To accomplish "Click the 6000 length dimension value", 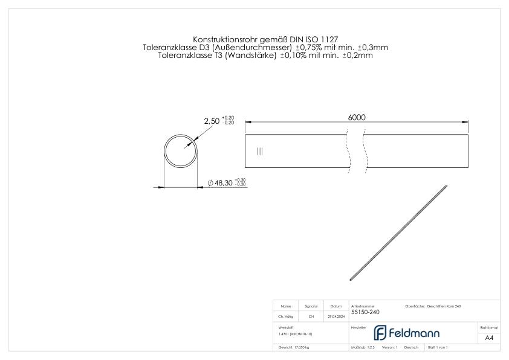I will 357,117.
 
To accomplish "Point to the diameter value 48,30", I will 224,183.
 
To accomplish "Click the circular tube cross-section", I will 181,150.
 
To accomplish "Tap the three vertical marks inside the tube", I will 260,151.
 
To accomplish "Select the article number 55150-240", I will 365,312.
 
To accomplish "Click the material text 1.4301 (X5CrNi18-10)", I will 295,333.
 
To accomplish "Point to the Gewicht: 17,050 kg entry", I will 294,348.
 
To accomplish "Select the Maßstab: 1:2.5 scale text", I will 363,348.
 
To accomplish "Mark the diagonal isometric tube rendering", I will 399,233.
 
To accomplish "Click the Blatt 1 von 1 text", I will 438,348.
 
